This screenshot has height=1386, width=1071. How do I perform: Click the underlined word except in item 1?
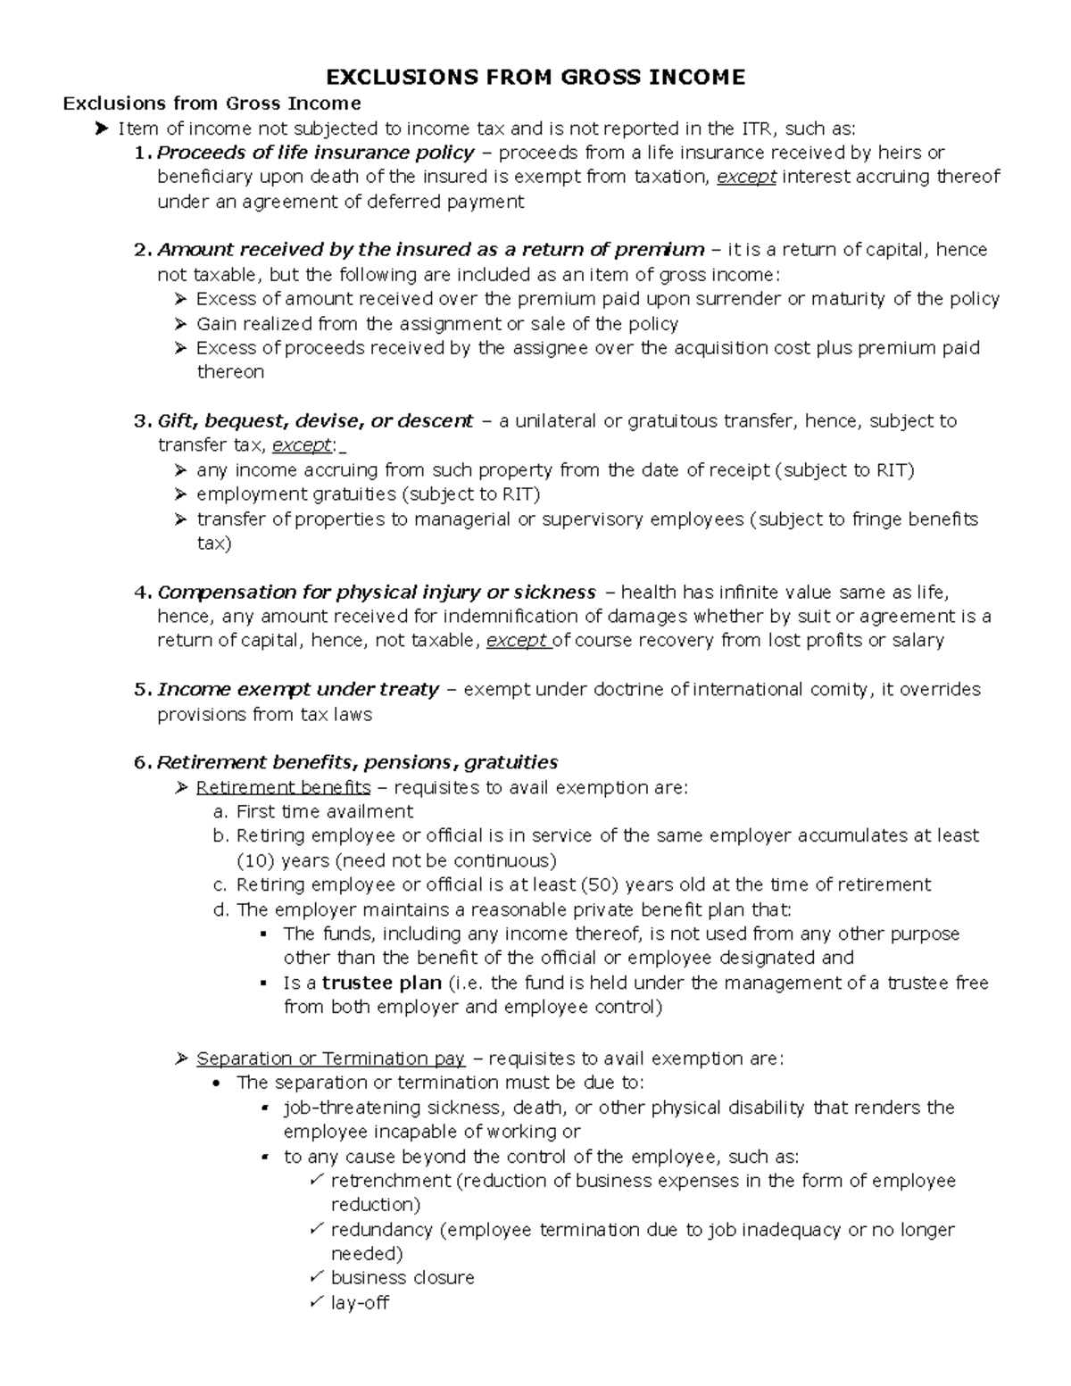747,177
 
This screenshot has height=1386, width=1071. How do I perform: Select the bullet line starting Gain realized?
437,323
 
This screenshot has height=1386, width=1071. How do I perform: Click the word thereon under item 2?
230,371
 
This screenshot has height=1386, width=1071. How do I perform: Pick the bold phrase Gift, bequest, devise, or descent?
315,420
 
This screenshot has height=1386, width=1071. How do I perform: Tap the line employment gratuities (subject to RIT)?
368,494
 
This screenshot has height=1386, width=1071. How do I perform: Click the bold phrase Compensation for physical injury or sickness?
376,592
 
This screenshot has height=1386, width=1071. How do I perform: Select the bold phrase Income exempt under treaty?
298,689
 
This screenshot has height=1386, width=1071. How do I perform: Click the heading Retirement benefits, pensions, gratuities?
357,762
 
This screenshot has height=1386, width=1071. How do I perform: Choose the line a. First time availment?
324,811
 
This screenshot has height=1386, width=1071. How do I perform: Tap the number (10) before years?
255,860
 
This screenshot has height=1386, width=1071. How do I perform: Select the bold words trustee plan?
382,983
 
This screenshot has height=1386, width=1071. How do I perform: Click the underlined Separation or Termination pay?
330,1058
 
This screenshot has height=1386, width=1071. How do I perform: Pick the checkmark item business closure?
403,1278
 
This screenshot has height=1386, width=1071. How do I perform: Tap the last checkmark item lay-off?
360,1302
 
